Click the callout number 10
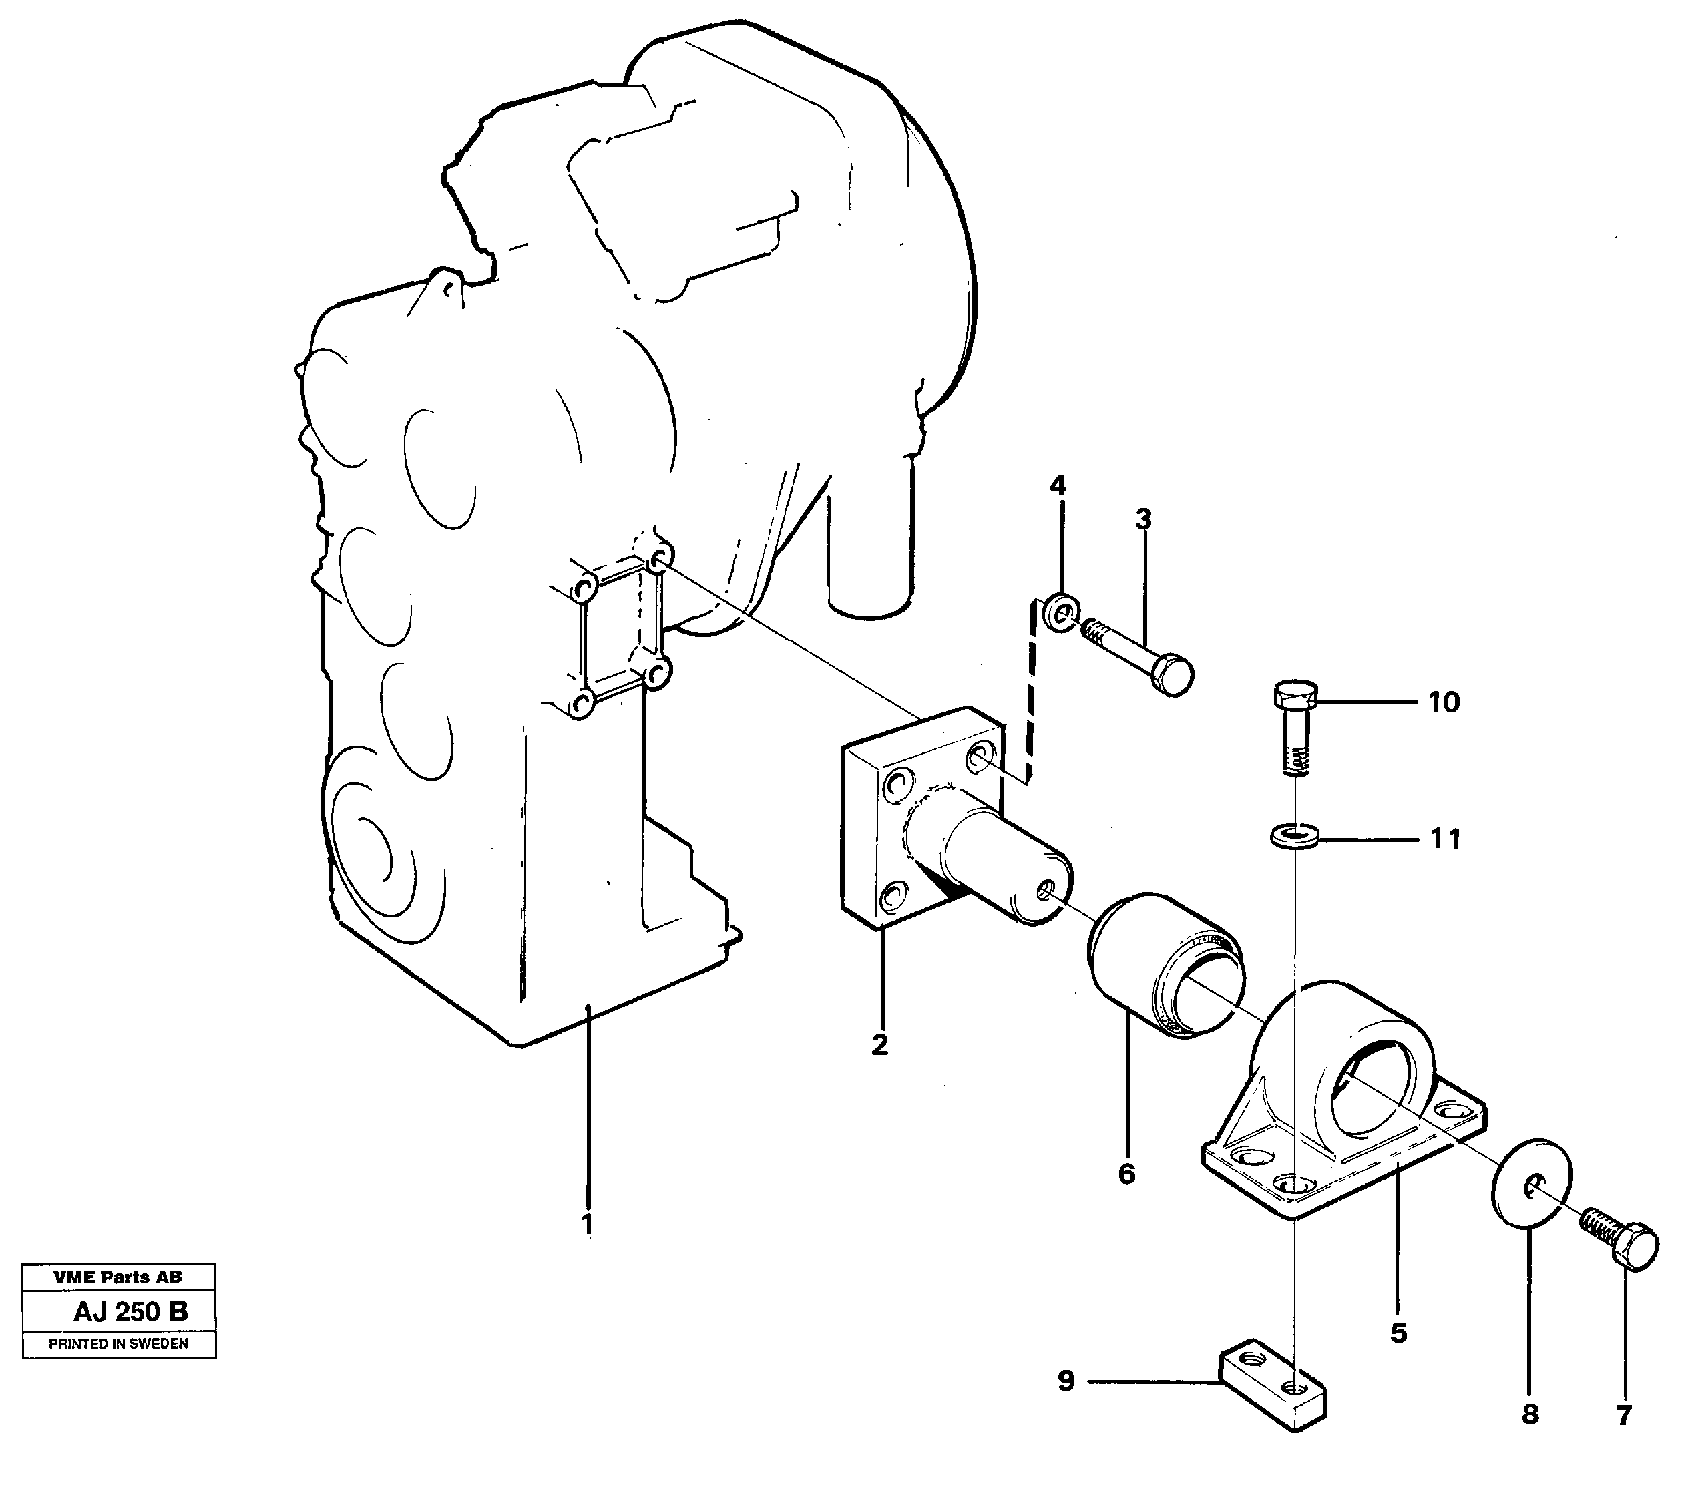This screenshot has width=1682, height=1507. point(1444,703)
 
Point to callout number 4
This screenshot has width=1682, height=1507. point(1058,485)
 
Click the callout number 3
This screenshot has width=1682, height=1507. point(1143,520)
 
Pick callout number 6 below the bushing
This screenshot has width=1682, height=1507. point(1126,1173)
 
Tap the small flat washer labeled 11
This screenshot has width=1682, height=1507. point(1292,835)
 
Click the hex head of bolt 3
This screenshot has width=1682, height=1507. point(1172,674)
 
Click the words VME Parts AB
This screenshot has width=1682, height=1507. point(118,1277)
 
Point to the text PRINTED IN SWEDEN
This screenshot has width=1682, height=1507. point(118,1344)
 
